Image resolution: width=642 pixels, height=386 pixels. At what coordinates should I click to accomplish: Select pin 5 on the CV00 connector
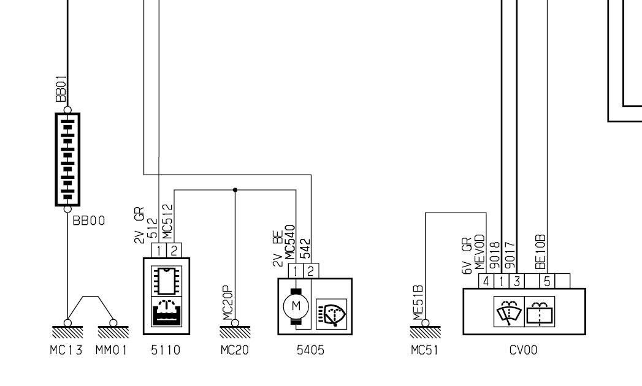[x=548, y=280]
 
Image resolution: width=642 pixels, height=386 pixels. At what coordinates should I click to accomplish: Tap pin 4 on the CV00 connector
[x=485, y=280]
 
